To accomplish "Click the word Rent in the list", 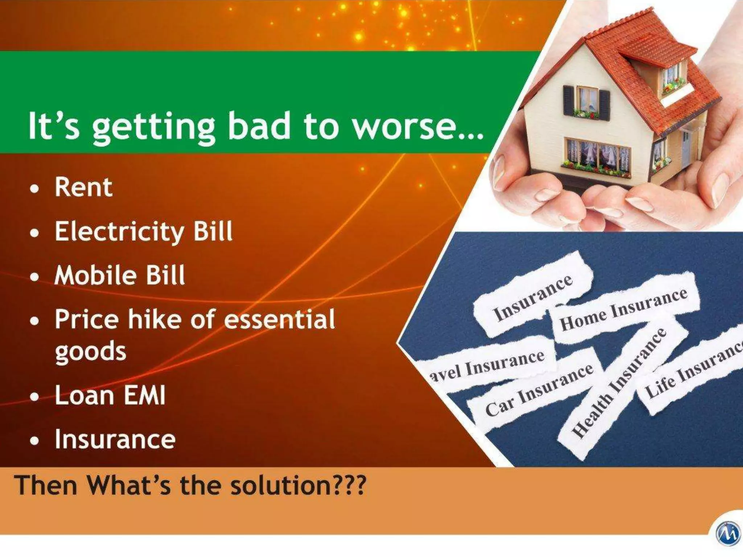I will (x=83, y=187).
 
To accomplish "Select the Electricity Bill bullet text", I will (x=144, y=232).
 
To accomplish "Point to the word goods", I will (x=90, y=351).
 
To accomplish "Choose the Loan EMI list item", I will (x=110, y=395).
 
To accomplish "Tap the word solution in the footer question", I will (x=279, y=485).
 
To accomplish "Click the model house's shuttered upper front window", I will (x=587, y=100).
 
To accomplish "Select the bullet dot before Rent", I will (x=34, y=189).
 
